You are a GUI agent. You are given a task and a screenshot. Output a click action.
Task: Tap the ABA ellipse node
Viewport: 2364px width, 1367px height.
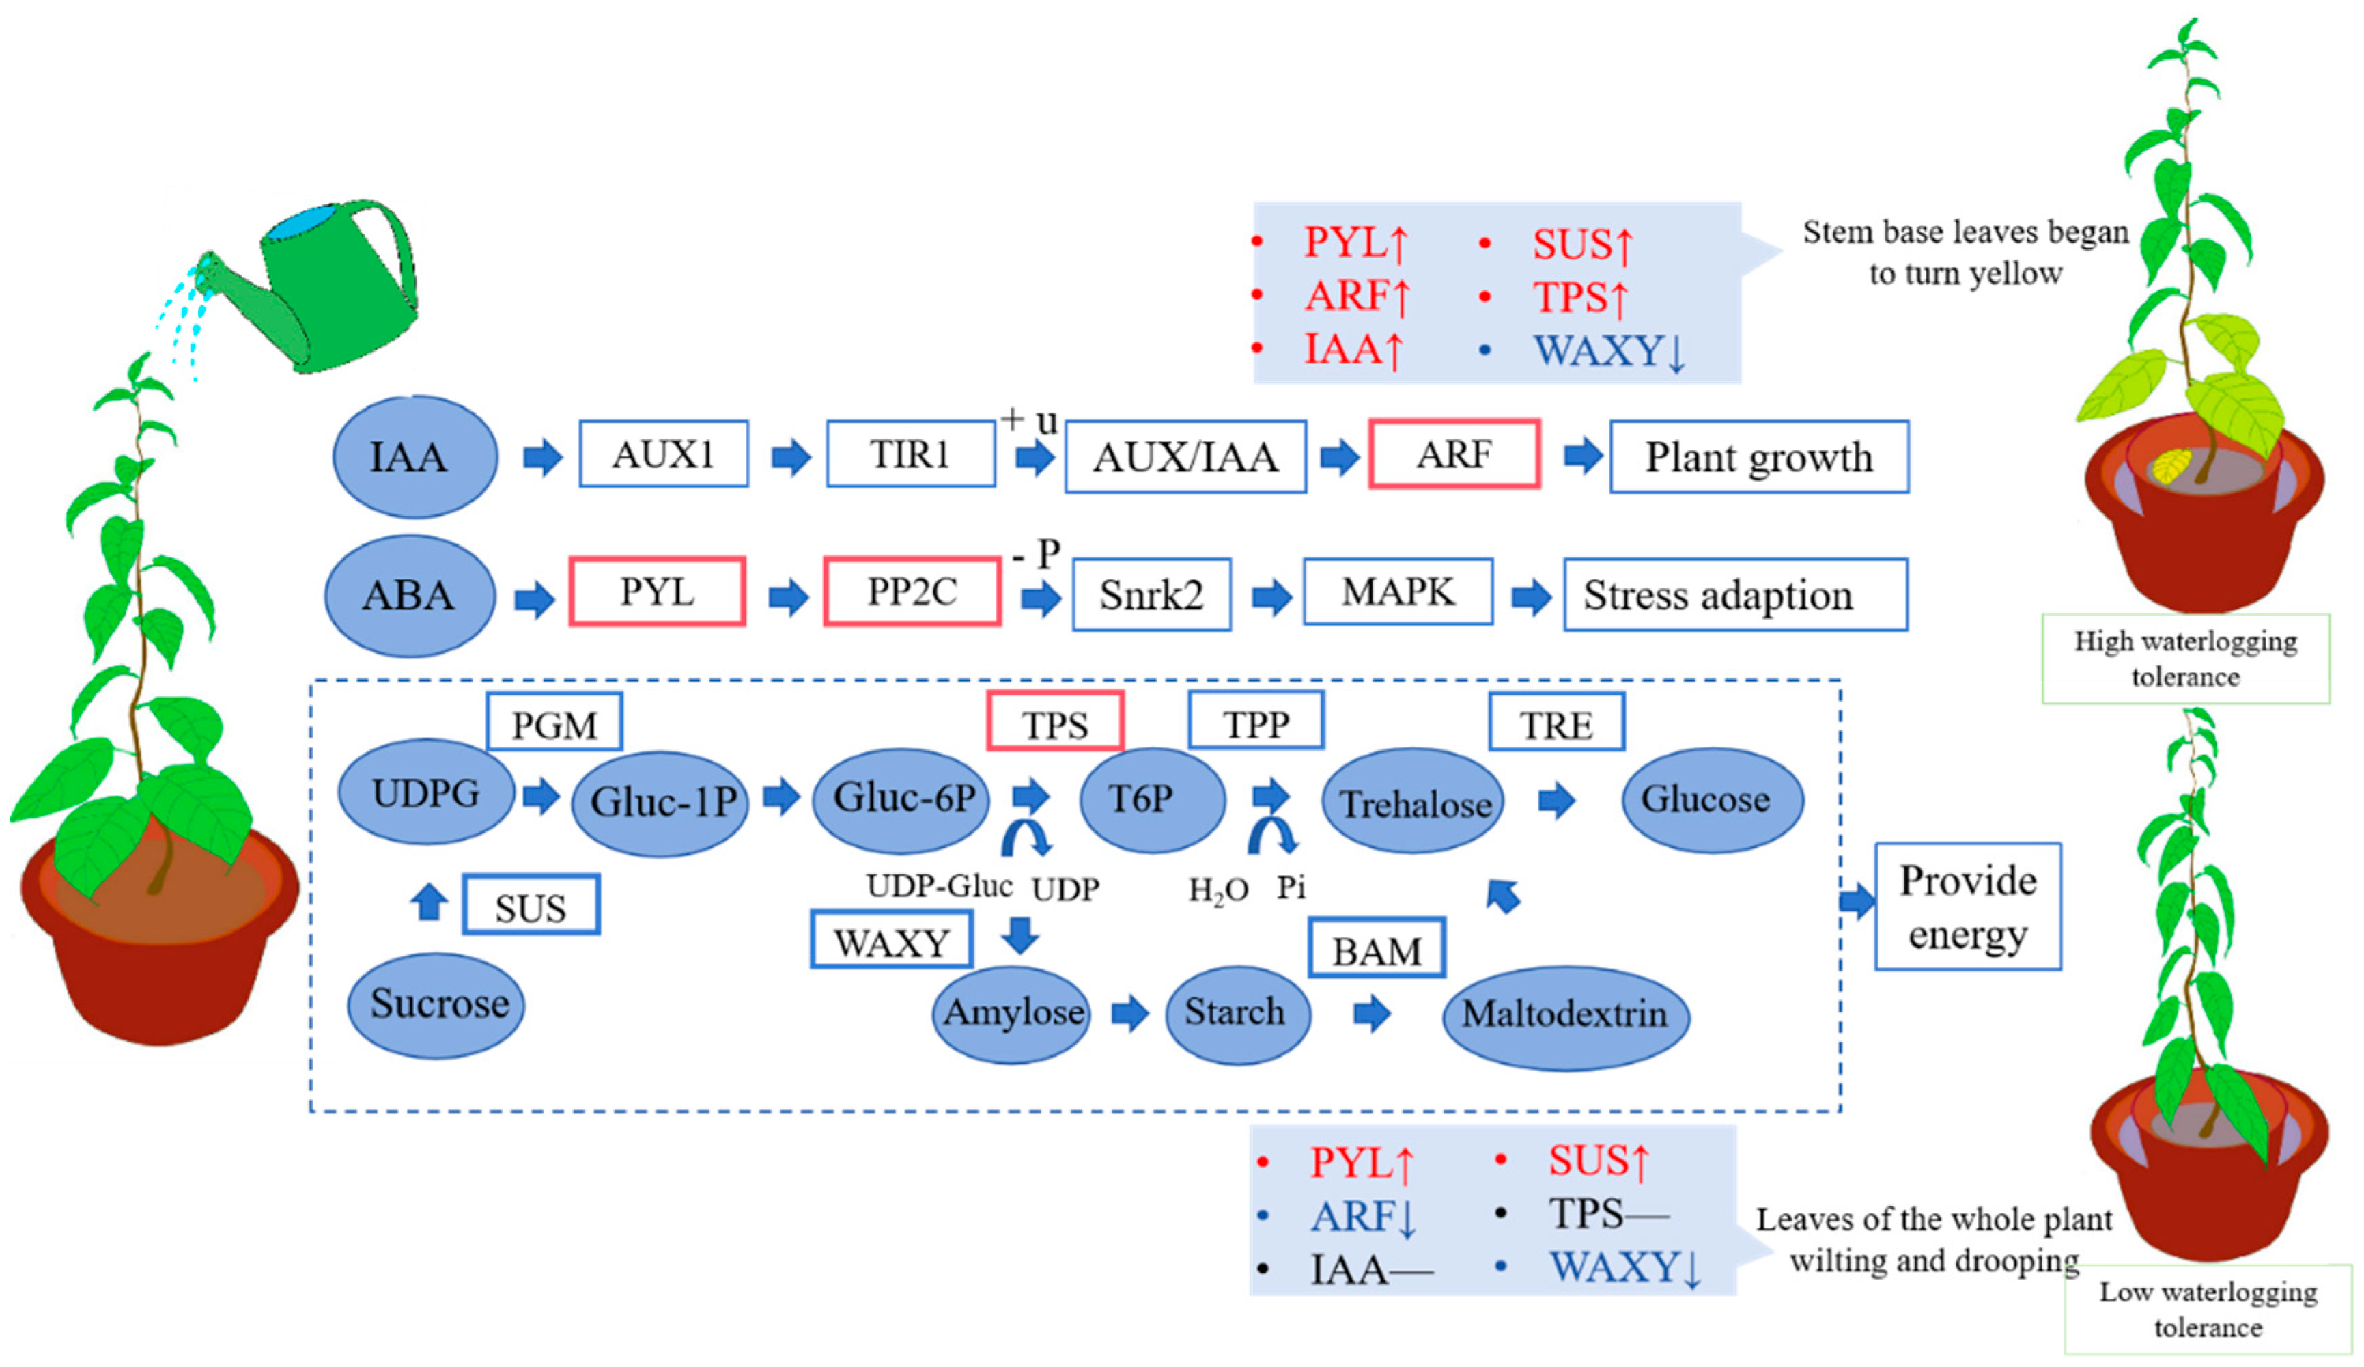click(410, 595)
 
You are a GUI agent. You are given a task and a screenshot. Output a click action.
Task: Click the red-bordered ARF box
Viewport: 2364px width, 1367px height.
click(1453, 454)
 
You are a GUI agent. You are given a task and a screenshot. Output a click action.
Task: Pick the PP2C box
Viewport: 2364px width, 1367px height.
click(912, 591)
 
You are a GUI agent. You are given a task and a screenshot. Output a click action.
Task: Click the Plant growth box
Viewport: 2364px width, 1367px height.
click(1759, 457)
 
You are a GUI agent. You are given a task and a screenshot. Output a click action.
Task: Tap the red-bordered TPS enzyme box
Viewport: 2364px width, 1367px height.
click(1054, 721)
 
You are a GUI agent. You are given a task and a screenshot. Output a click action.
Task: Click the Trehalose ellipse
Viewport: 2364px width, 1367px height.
click(1413, 801)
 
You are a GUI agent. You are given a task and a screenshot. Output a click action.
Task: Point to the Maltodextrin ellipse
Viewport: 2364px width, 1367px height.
click(1565, 1014)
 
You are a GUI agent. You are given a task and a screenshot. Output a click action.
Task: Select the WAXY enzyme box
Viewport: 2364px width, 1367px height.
click(891, 940)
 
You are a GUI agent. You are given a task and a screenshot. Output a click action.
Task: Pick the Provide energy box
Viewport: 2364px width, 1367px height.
click(1967, 907)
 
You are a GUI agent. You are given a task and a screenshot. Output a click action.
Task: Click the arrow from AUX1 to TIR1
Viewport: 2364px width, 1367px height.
click(790, 457)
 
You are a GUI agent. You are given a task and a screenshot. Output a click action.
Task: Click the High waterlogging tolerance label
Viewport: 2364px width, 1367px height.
click(2185, 658)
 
